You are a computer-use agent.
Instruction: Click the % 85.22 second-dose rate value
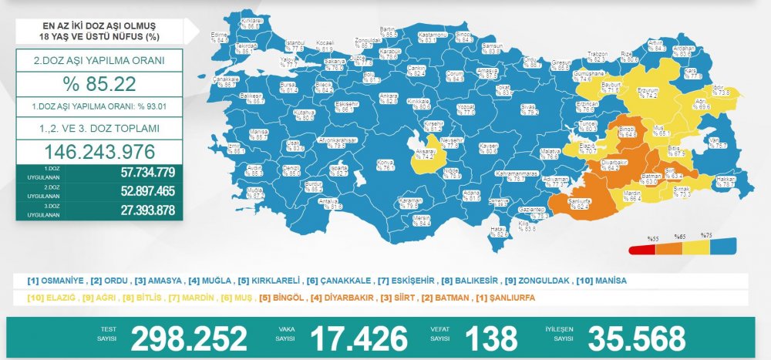[x=99, y=84]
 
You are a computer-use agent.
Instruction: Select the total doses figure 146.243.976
[x=99, y=152]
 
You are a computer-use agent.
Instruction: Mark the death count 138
[x=491, y=338]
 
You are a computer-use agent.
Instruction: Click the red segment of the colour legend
[x=641, y=250]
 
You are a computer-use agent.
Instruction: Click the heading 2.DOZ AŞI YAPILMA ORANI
[x=99, y=59]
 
